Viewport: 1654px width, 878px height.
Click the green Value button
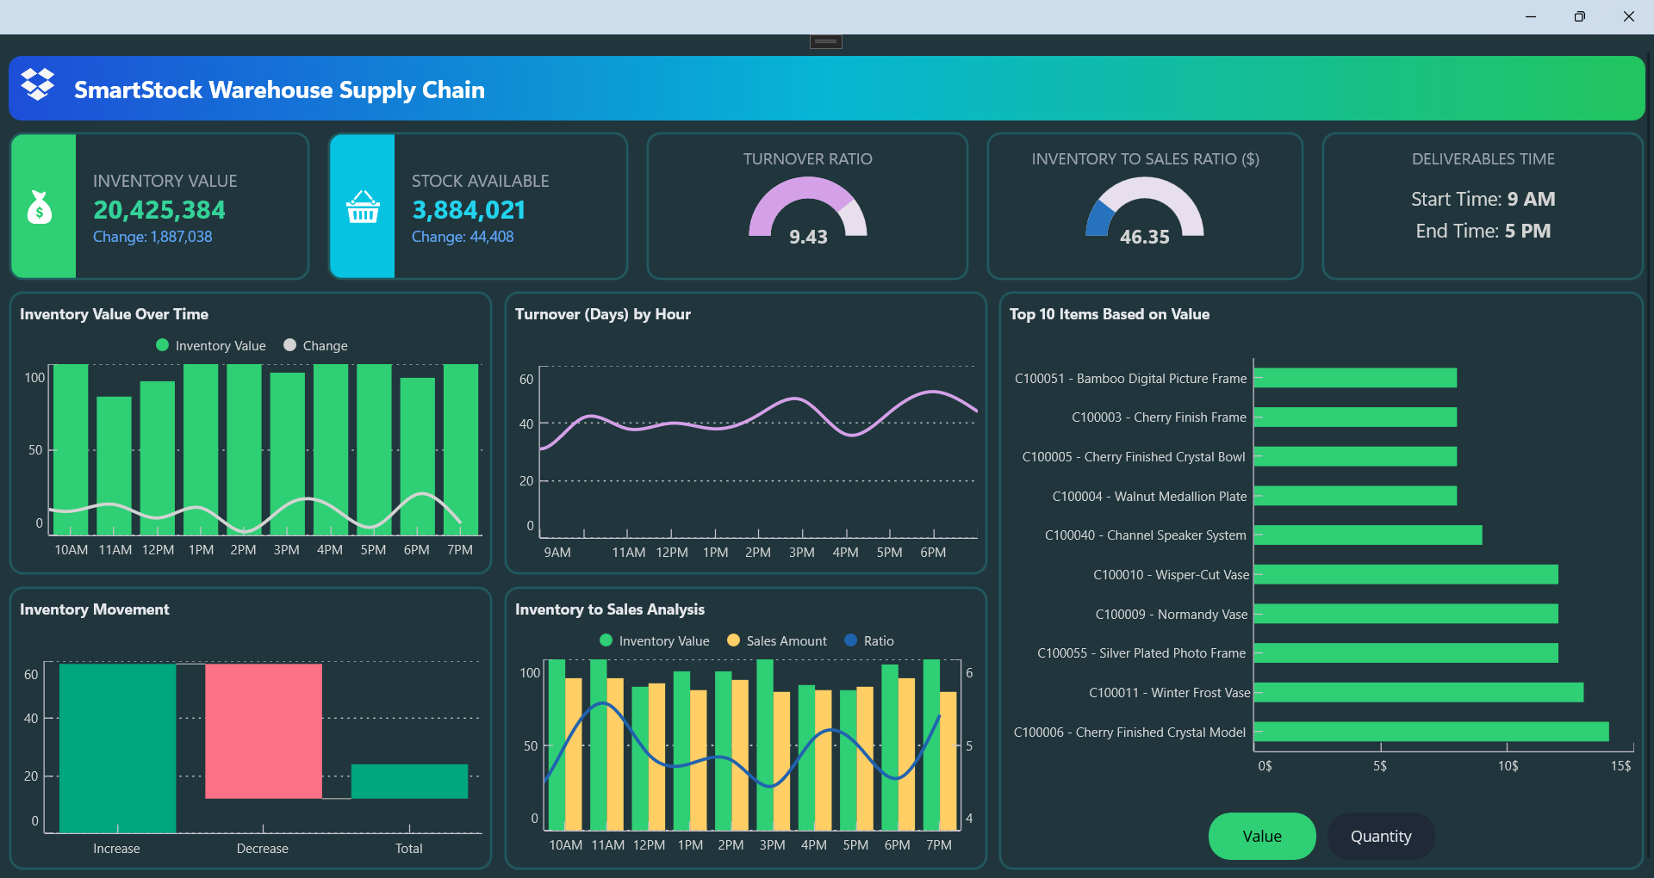tap(1261, 836)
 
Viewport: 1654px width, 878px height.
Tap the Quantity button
tap(1380, 836)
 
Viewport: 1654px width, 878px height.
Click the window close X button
tap(1628, 16)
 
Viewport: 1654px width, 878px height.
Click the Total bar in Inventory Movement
tap(409, 781)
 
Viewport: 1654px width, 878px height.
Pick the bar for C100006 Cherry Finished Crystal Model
tap(1431, 732)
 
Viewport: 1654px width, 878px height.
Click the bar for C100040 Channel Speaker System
tap(1368, 535)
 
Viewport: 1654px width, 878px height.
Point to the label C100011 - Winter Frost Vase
tap(1169, 693)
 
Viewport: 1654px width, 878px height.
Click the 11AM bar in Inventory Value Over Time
tap(114, 465)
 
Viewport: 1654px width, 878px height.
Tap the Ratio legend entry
tap(870, 640)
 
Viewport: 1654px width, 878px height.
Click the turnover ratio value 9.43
tap(808, 237)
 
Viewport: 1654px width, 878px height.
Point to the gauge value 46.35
tap(1144, 237)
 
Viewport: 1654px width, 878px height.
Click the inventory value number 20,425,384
tap(159, 209)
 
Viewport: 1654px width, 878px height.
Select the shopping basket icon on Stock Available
tap(363, 207)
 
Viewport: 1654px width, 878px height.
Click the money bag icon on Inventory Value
tap(40, 207)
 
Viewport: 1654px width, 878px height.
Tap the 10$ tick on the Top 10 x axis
tap(1508, 765)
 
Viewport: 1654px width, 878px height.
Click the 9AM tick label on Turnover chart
tap(557, 552)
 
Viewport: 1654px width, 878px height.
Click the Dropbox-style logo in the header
tap(37, 84)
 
